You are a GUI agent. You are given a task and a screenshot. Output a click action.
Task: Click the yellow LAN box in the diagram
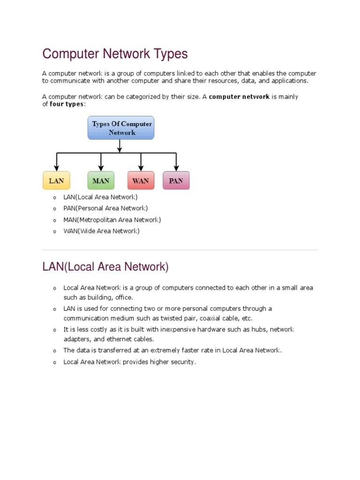tap(56, 180)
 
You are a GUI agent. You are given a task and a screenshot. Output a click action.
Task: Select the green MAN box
tap(101, 180)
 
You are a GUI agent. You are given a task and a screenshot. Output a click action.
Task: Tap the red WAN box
tap(141, 180)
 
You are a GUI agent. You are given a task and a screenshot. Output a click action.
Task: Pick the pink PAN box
tap(176, 180)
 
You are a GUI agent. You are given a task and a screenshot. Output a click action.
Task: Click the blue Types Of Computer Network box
tap(121, 128)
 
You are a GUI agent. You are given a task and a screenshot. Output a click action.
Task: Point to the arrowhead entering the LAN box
tap(56, 168)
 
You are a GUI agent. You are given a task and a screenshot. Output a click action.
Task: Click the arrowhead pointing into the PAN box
tap(176, 168)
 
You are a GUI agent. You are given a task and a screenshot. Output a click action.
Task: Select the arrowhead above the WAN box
tap(141, 168)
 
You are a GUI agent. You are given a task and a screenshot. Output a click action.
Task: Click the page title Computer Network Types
tap(115, 54)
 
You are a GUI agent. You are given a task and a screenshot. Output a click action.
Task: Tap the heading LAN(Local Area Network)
tap(105, 267)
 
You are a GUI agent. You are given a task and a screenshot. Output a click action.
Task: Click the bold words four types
tap(67, 104)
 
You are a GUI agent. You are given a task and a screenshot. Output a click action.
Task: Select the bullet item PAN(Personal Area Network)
tap(105, 208)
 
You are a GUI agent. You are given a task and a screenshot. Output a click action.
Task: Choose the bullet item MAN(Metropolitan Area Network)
tap(112, 219)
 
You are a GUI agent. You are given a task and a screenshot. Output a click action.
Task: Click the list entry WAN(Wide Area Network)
tap(102, 231)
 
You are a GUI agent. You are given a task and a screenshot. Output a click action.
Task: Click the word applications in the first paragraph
tap(290, 81)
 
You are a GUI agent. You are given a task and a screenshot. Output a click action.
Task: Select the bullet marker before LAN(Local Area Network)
tap(54, 197)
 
